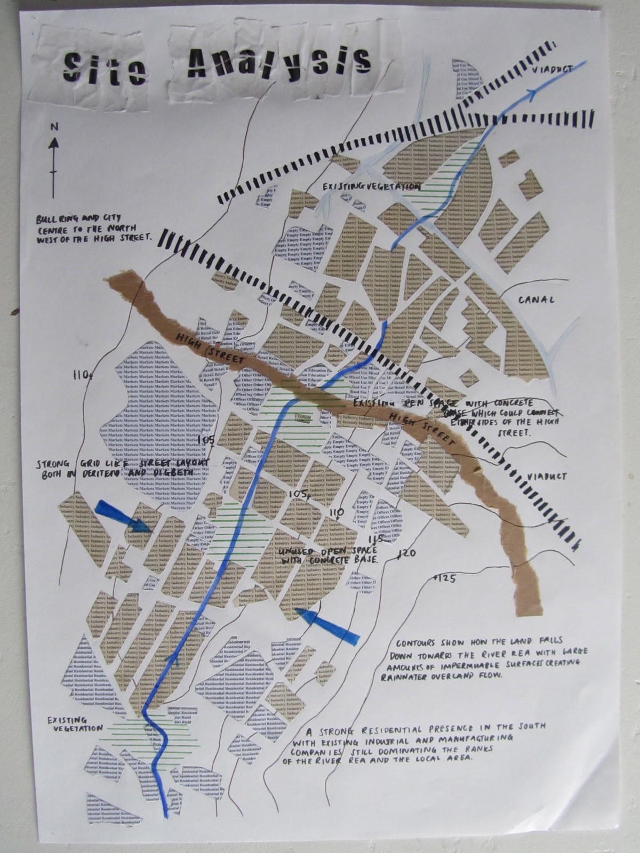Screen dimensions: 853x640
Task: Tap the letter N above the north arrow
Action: click(x=53, y=127)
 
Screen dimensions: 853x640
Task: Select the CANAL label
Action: click(x=537, y=300)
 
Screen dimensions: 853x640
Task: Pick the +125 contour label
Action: click(x=444, y=577)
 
